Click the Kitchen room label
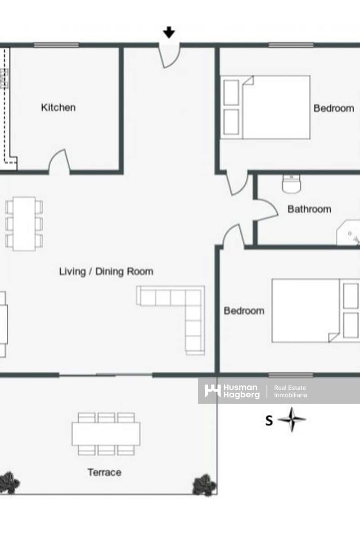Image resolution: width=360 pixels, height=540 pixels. point(58,108)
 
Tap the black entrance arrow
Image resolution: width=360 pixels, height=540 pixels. point(169,32)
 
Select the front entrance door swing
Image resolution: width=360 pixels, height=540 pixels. point(169,57)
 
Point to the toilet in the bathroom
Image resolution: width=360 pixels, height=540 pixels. point(291,184)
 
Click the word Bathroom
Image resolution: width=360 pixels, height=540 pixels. point(309,209)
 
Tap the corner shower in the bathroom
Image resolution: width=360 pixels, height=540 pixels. point(348,232)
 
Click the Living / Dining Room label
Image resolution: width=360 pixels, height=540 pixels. point(106,271)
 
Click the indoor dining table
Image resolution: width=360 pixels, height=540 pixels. point(24,224)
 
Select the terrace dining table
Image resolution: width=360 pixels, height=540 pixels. point(106,434)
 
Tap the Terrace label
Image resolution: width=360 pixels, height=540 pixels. point(104,472)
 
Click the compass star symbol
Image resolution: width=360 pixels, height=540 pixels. point(292,420)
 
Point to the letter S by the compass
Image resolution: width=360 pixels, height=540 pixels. point(269,421)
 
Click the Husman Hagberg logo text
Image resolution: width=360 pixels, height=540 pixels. point(241,391)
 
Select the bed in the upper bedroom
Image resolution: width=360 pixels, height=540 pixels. point(265,107)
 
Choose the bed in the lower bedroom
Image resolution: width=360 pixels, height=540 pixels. point(315,310)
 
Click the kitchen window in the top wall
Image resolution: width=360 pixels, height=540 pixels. point(56,45)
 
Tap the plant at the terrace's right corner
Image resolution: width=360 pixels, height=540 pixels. point(204,485)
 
